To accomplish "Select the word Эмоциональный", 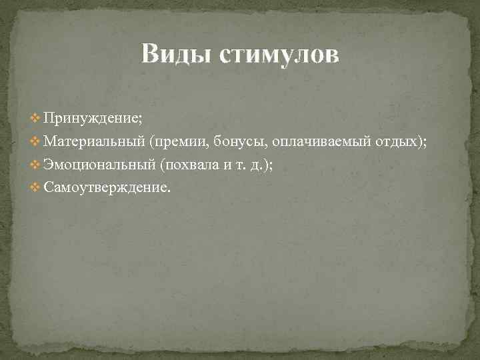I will click(x=99, y=165).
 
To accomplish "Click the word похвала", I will click(x=190, y=165).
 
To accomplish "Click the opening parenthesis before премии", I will click(x=153, y=141).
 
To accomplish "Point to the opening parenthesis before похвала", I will click(x=162, y=165).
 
